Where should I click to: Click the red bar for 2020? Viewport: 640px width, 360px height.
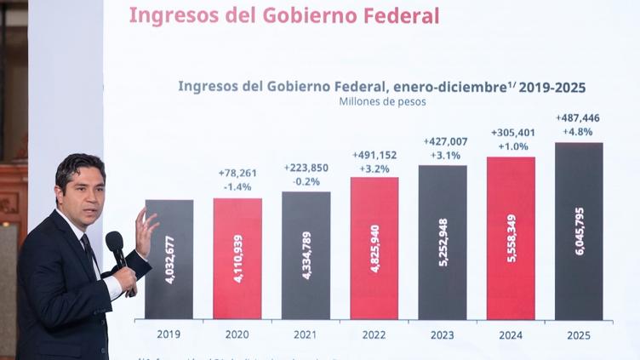coord(237,259)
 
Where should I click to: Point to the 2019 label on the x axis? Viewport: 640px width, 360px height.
coord(169,334)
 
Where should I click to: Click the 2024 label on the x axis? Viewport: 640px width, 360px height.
coord(511,334)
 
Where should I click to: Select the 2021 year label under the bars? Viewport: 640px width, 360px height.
coord(306,334)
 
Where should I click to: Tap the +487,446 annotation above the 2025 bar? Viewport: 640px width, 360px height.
coord(579,117)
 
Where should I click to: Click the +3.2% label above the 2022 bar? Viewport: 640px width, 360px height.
coord(374,169)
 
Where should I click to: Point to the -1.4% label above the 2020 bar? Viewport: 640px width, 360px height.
coord(237,186)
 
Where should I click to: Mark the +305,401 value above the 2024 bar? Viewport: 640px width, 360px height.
coord(511,133)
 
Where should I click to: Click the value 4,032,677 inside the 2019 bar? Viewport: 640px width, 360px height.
coord(169,260)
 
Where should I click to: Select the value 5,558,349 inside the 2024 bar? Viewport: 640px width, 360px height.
coord(511,238)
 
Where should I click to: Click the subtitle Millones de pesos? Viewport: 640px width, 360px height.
coord(382,102)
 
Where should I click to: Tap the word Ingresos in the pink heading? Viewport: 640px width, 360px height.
coord(169,15)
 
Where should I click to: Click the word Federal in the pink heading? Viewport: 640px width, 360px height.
coord(401,15)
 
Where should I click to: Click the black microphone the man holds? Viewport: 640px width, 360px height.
coord(115,246)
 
